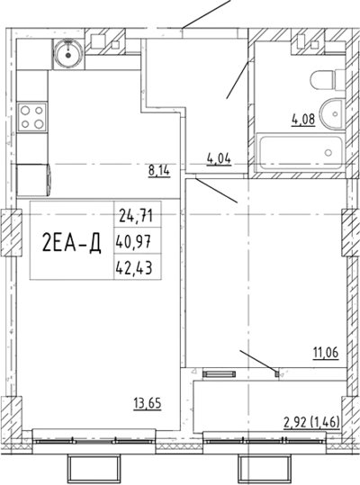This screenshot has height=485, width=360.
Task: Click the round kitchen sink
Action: point(68,54)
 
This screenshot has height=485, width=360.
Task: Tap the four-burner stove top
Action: point(32,117)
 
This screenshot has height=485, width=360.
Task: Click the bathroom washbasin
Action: point(332,115)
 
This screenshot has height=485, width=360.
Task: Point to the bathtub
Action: point(301,153)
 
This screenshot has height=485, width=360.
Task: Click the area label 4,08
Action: point(303,120)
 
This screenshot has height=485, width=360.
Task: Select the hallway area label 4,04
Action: point(219,159)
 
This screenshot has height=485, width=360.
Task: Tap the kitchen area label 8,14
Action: point(159,170)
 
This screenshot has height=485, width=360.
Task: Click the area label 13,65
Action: point(148,403)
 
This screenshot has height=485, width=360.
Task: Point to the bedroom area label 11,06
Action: point(326,353)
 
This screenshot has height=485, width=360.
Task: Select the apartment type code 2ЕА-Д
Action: point(71,242)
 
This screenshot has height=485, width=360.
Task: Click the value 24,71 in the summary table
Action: point(136,216)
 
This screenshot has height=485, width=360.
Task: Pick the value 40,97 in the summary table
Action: point(134,242)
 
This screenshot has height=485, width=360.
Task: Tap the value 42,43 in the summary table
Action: point(134,268)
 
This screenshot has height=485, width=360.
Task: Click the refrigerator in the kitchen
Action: point(33,180)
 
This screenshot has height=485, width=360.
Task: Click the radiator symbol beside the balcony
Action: point(220,374)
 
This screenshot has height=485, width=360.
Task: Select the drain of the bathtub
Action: point(328,152)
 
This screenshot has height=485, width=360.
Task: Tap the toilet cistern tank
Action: point(340,80)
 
